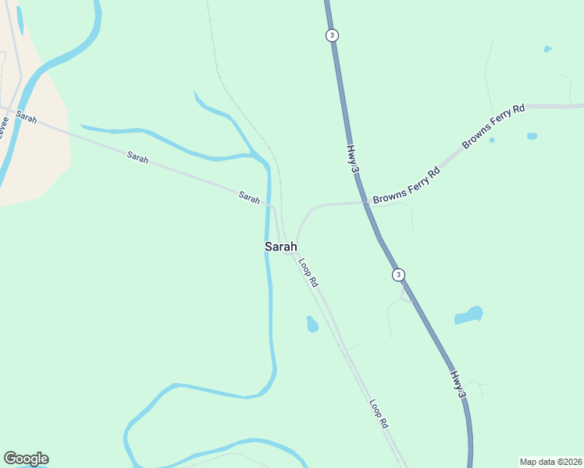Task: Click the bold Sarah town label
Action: [x=281, y=246]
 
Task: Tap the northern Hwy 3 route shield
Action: [x=333, y=35]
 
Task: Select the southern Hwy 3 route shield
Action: [x=398, y=275]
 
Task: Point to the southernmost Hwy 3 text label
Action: [x=458, y=386]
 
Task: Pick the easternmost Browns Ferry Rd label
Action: [x=493, y=126]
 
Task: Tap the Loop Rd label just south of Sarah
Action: [x=309, y=271]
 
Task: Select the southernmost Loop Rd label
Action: [x=379, y=414]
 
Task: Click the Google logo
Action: [x=26, y=459]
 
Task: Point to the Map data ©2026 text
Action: [x=550, y=462]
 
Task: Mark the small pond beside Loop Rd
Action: [x=312, y=324]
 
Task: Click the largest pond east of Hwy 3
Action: [x=468, y=316]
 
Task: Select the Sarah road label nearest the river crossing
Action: [x=249, y=198]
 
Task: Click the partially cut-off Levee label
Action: [x=4, y=126]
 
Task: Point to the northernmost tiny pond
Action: [x=547, y=49]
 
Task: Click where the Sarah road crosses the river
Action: [x=269, y=205]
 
